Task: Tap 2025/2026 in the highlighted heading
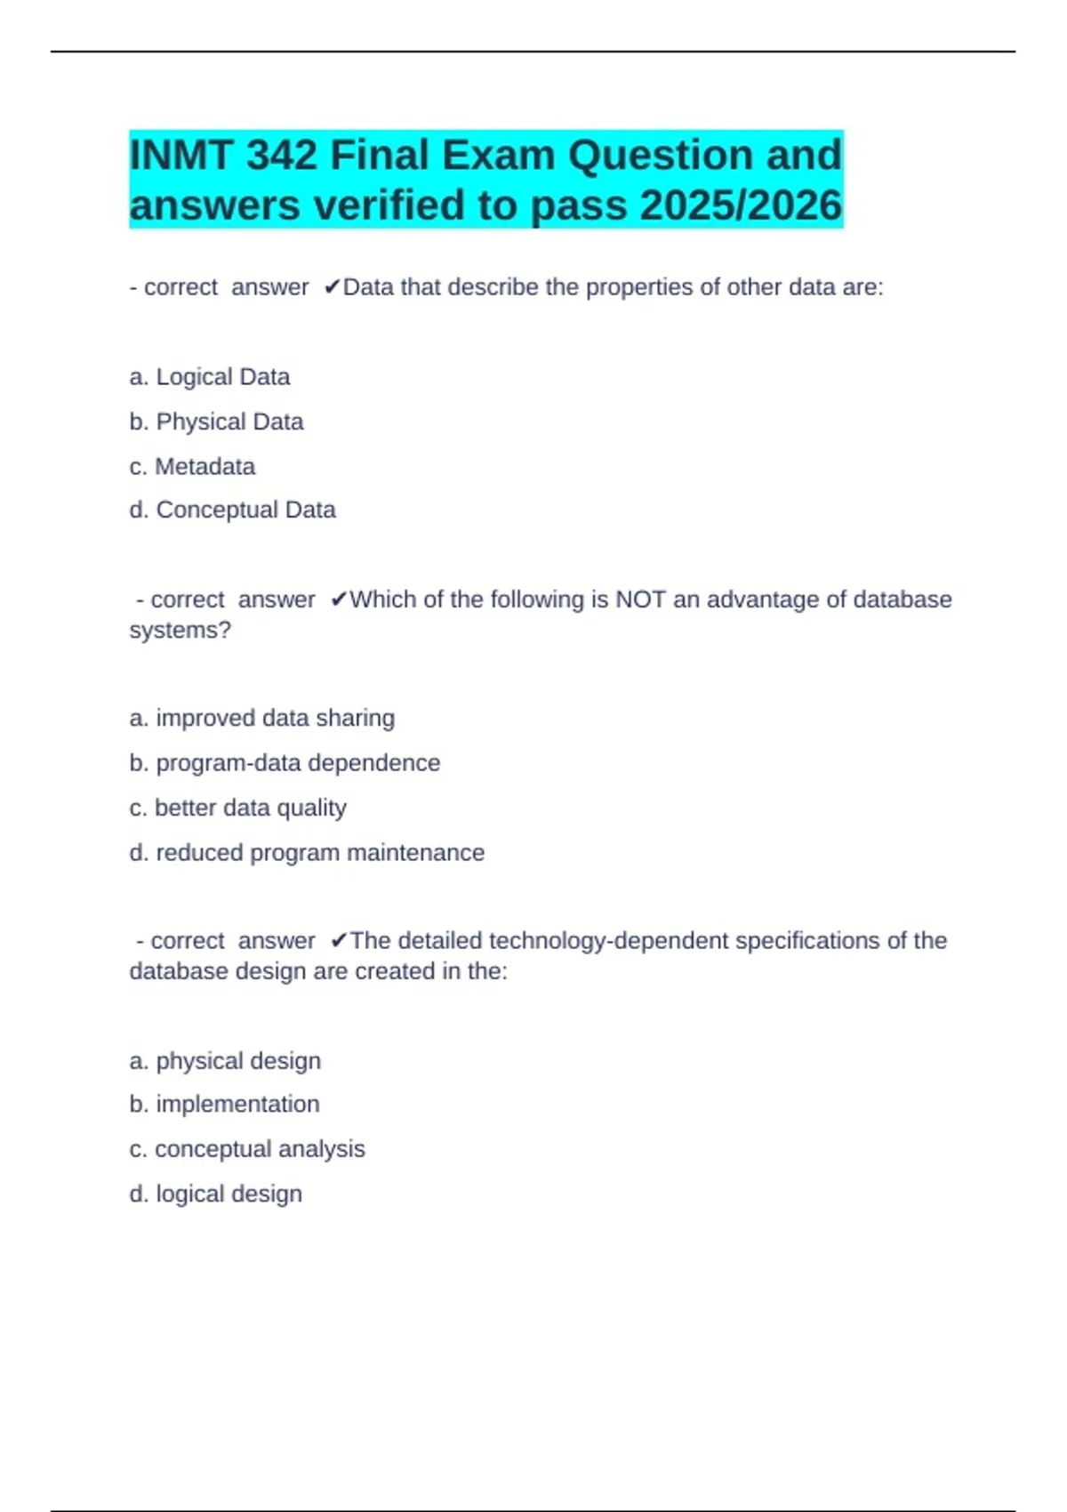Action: click(741, 205)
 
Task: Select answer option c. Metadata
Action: click(192, 466)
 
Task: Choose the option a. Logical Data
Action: click(210, 377)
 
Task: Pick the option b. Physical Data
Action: click(216, 422)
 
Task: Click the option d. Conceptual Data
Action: click(232, 510)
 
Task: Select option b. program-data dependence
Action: click(285, 763)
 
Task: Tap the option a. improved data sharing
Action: click(261, 718)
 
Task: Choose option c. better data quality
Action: click(237, 808)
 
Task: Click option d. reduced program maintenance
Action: click(307, 852)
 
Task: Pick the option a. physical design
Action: click(225, 1060)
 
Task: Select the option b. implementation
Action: click(224, 1104)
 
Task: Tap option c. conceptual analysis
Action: click(247, 1149)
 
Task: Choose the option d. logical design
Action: click(215, 1194)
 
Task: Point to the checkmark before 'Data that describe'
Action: click(333, 287)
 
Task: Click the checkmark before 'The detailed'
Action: click(339, 940)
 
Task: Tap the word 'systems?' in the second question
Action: click(180, 630)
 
